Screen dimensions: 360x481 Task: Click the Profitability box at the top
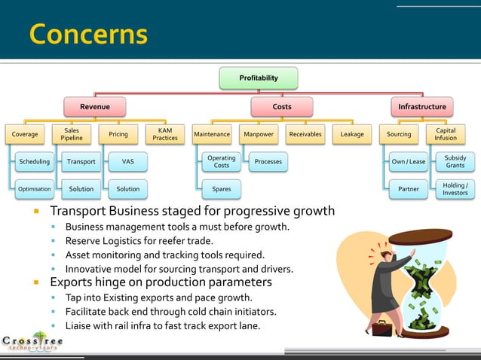258,78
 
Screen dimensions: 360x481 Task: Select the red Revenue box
95,107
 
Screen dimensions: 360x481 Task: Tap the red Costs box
281,107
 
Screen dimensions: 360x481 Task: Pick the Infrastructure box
421,107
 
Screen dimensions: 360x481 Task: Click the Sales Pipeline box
72,134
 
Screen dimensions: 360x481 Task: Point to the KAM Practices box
165,134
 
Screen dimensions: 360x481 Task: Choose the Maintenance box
212,134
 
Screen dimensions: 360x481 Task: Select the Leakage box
351,134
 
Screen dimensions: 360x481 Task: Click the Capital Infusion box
445,134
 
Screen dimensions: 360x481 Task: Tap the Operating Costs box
222,161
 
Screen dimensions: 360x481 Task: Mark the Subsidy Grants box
455,161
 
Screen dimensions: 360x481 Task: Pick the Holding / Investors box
455,189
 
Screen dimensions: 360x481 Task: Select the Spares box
222,189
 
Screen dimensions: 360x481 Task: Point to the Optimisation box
34,189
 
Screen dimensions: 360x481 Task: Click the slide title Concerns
87,34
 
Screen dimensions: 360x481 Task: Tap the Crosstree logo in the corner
32,341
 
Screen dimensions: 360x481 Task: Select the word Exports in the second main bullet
72,282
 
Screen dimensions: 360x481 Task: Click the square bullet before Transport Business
35,211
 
